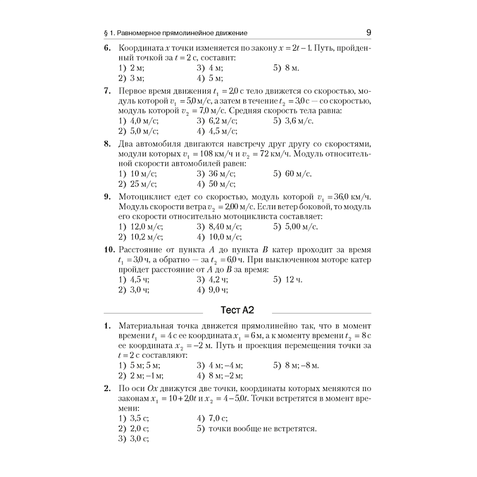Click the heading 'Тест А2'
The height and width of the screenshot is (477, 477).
point(237,311)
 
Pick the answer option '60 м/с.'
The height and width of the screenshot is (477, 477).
point(293,174)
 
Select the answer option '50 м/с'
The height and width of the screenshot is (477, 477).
point(216,184)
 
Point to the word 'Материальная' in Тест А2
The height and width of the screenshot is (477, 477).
point(148,327)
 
